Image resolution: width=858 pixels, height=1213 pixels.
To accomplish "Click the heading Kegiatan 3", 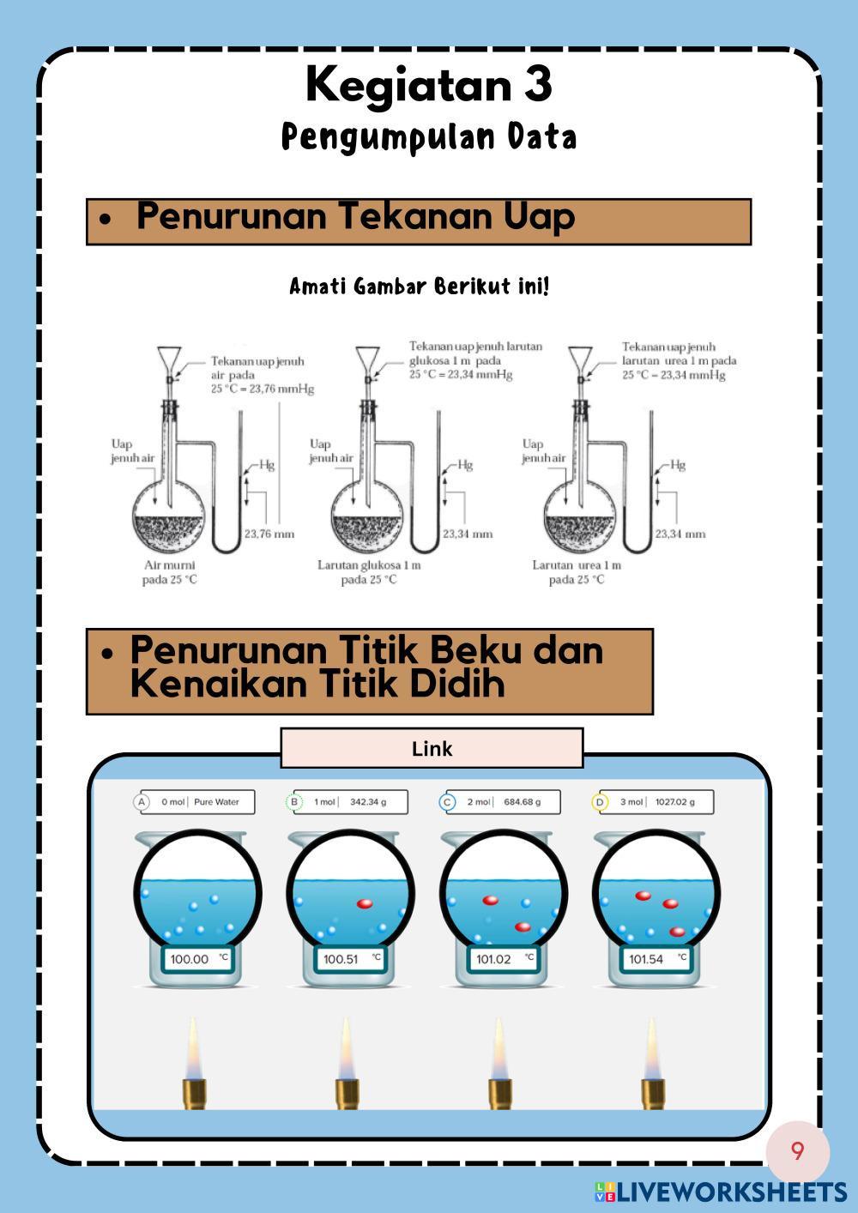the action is (428, 84).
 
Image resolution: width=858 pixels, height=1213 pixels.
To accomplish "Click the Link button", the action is (432, 748).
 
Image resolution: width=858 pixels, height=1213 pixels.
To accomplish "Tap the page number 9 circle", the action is (798, 1150).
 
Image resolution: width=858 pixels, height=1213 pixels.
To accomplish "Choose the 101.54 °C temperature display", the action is (656, 959).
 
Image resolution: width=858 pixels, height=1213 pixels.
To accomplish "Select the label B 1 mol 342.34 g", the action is (347, 802).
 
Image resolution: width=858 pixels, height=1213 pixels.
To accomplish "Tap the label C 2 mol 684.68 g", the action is (500, 802).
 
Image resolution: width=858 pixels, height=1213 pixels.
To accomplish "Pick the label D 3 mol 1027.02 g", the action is (653, 802).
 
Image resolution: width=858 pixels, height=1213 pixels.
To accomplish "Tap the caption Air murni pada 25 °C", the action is (169, 572).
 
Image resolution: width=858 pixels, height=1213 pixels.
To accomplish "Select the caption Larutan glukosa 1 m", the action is (369, 565).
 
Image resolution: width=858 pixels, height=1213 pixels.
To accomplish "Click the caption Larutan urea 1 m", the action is (577, 565).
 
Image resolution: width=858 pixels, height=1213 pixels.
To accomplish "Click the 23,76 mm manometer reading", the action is (269, 534).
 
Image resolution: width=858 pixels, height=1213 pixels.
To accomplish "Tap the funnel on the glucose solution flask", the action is (368, 358).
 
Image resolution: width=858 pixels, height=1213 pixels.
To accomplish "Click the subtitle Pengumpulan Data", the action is (428, 137).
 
